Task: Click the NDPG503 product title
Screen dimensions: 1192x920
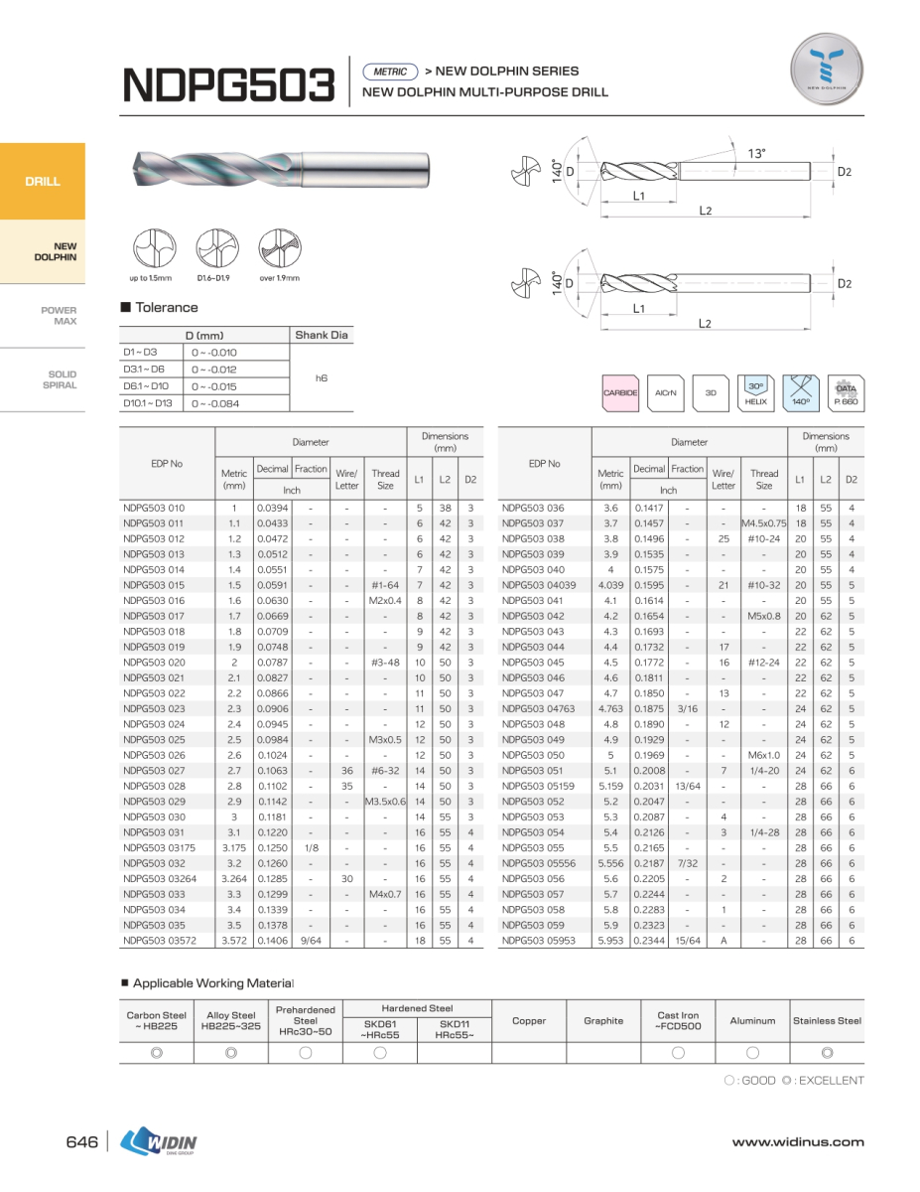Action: click(x=228, y=84)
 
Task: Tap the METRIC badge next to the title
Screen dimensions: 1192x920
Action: click(x=391, y=72)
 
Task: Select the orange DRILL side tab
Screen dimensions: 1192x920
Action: click(x=43, y=181)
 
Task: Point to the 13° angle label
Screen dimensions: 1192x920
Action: click(x=757, y=153)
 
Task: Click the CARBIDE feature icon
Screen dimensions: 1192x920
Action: click(x=621, y=393)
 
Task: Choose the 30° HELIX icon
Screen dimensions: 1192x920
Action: click(x=755, y=393)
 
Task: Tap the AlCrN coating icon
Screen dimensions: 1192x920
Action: click(x=665, y=393)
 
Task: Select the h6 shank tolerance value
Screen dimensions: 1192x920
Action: click(x=322, y=378)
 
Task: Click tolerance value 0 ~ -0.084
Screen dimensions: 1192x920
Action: click(x=214, y=403)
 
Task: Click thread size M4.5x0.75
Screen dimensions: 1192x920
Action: click(x=763, y=523)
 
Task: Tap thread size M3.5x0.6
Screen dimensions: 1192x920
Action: click(x=385, y=801)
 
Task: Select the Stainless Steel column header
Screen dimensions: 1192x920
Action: click(x=827, y=1020)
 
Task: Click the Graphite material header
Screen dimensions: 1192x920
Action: click(x=603, y=1020)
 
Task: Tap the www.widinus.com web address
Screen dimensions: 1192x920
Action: click(x=797, y=1142)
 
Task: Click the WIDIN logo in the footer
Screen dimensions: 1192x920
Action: click(x=159, y=1142)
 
